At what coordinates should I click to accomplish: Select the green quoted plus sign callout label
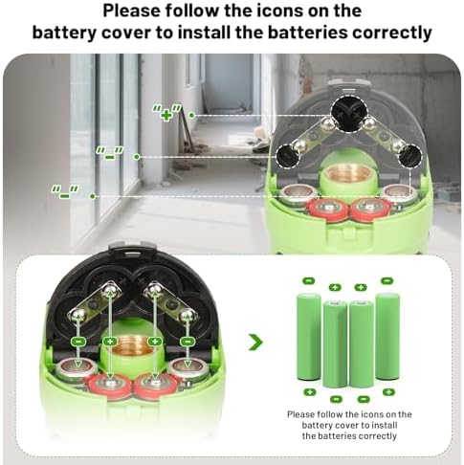[166, 113]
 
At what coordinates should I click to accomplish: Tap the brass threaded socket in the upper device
[347, 175]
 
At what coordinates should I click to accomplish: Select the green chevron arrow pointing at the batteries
[255, 343]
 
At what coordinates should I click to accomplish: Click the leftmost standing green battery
[309, 337]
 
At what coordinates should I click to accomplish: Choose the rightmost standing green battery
[387, 337]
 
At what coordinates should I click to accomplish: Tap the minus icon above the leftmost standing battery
[308, 281]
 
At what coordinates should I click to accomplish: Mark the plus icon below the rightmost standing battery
[388, 392]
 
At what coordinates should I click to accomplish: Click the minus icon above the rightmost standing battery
[387, 280]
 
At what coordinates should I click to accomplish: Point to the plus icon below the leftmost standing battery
[309, 392]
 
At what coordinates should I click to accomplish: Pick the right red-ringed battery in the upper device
[371, 208]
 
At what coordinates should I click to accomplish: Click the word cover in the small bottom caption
[348, 426]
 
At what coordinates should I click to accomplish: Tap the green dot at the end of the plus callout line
[191, 115]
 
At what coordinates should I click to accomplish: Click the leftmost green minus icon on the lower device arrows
[78, 342]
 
